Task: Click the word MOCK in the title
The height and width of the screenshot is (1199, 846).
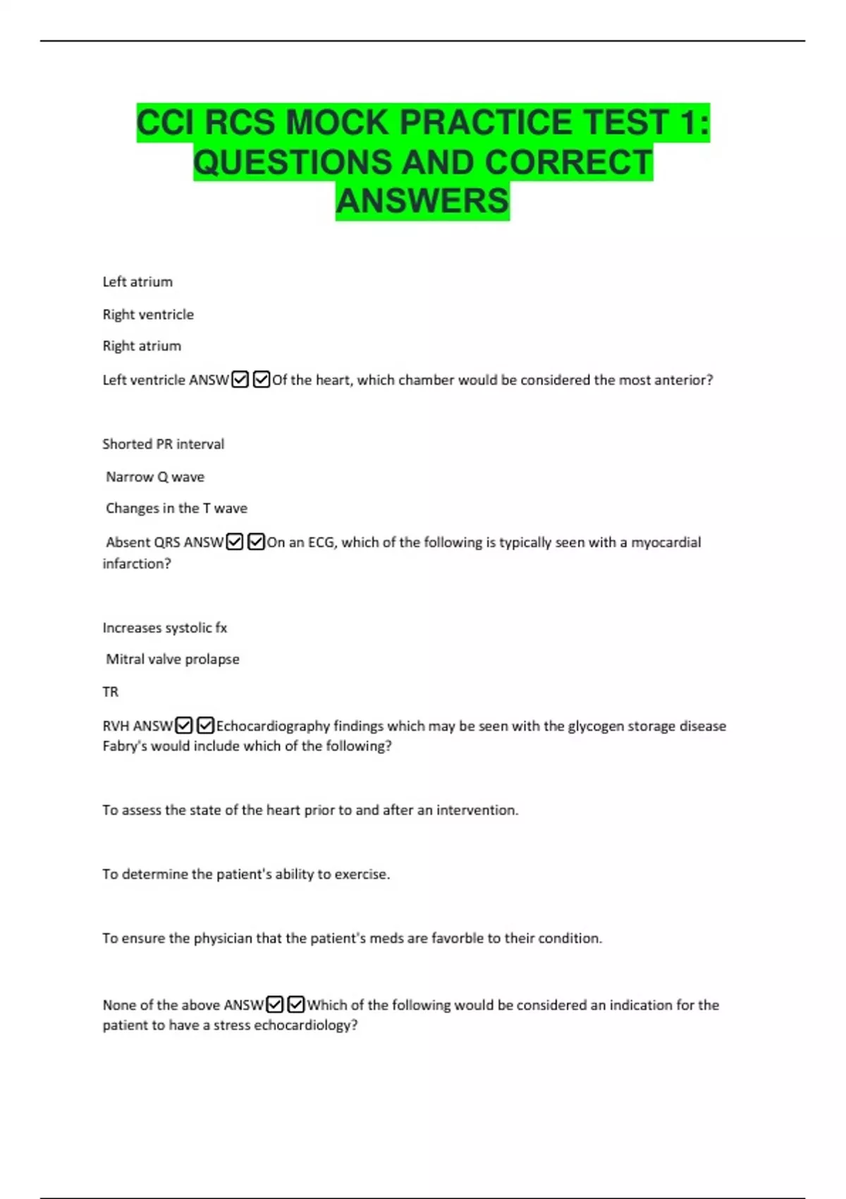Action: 336,123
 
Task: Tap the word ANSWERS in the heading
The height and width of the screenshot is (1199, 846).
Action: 422,201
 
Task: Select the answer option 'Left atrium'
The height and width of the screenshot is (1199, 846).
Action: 137,282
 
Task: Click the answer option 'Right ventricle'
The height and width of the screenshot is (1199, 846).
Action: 148,315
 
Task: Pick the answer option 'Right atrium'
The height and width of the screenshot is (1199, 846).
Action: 142,346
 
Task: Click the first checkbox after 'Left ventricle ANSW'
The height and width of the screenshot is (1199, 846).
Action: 240,379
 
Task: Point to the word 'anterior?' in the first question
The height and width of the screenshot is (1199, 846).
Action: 684,380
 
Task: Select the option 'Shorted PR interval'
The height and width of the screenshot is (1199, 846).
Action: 164,444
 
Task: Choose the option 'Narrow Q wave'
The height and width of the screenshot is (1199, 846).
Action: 155,477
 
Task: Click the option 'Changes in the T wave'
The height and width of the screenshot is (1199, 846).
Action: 176,509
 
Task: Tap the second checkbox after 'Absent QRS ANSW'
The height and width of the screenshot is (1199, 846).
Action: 257,542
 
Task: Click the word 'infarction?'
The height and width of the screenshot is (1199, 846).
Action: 137,564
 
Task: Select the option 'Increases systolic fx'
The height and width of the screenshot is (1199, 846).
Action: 165,628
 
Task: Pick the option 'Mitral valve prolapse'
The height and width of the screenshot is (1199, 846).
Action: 173,659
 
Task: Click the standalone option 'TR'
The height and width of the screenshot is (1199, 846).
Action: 111,692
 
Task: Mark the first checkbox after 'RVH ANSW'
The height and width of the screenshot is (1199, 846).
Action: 184,725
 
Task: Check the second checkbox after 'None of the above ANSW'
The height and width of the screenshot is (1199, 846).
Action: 296,1004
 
